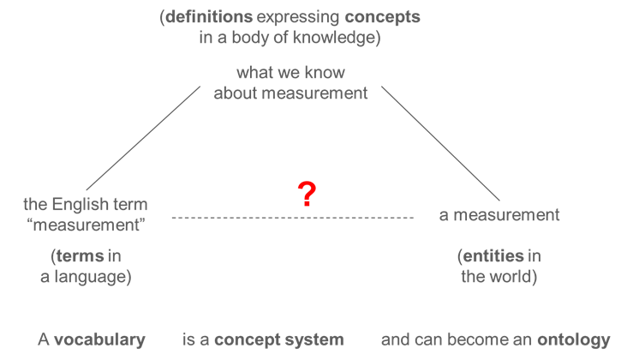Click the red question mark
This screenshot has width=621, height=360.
pyautogui.click(x=307, y=194)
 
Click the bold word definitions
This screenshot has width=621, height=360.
pyautogui.click(x=209, y=16)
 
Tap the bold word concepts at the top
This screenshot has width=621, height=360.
pyautogui.click(x=383, y=17)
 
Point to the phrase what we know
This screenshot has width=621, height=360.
pyautogui.click(x=290, y=73)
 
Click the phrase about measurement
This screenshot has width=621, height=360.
pyautogui.click(x=290, y=93)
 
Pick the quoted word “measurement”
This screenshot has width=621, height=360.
pyautogui.click(x=86, y=225)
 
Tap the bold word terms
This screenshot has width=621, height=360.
pyautogui.click(x=81, y=255)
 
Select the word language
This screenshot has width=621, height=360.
pyautogui.click(x=90, y=277)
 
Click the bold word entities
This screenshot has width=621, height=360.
pyautogui.click(x=493, y=255)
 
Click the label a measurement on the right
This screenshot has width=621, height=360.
pyautogui.click(x=499, y=215)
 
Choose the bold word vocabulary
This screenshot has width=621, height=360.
pyautogui.click(x=100, y=340)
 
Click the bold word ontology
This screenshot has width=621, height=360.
pyautogui.click(x=574, y=340)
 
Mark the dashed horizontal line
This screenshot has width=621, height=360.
pyautogui.click(x=293, y=218)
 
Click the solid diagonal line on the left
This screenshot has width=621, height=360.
pyautogui.click(x=143, y=138)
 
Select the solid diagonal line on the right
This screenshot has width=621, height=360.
pyautogui.click(x=440, y=143)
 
